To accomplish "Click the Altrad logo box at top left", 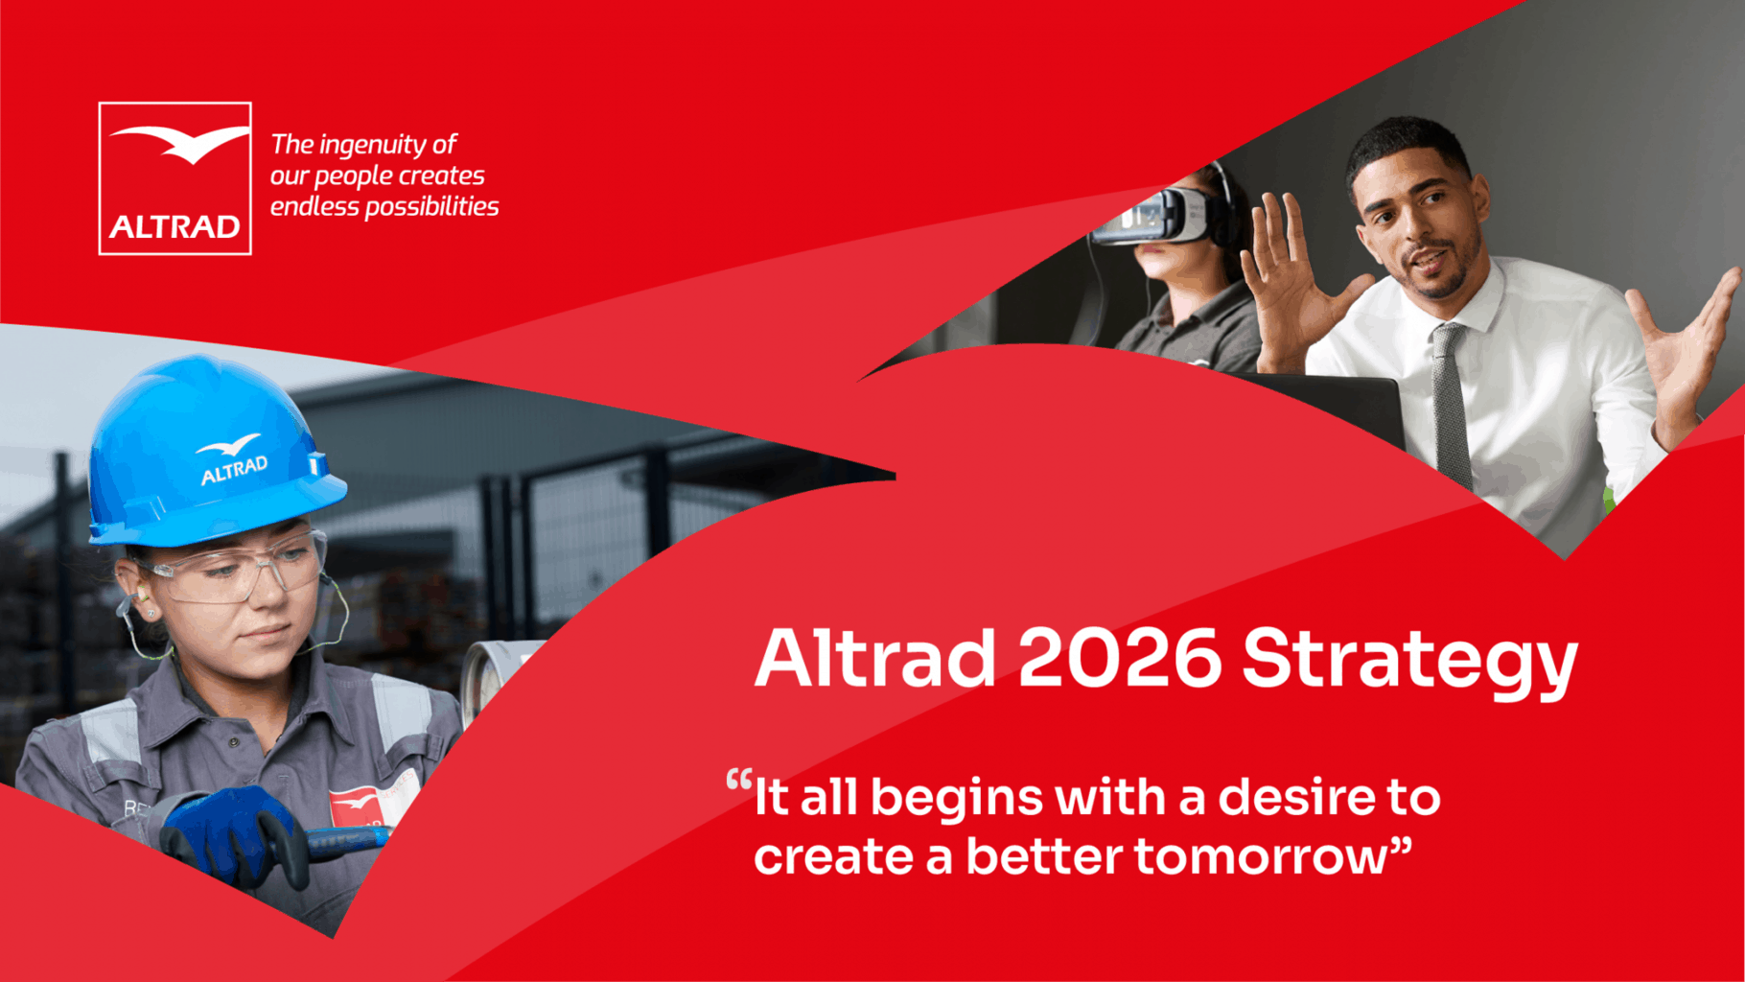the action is [x=175, y=178].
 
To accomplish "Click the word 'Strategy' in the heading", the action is [x=1410, y=663].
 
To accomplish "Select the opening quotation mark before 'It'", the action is [x=739, y=779].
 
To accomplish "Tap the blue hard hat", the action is [x=211, y=451].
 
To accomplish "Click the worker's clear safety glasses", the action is [x=235, y=573].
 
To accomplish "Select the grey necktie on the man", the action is [x=1451, y=403].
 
